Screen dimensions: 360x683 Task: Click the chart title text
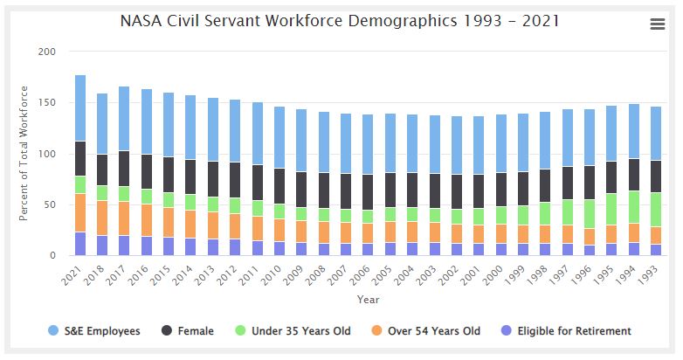coord(340,19)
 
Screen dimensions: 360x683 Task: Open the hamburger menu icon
coord(658,24)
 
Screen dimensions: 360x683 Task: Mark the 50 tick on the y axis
coord(50,205)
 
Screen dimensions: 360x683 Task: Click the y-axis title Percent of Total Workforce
coord(24,153)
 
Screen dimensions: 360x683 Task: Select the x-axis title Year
coord(368,300)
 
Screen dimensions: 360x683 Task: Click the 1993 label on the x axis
coord(652,273)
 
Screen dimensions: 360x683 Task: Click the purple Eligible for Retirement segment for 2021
coord(80,244)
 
